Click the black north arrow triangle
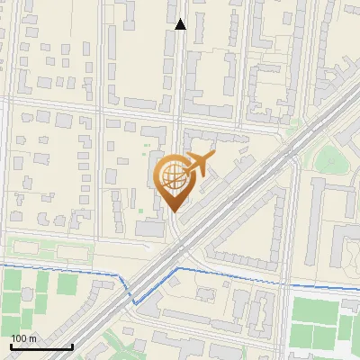pos(180,24)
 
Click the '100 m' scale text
pos(23,338)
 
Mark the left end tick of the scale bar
pos(11,346)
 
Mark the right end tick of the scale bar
pos(72,346)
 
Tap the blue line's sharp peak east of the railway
pos(176,268)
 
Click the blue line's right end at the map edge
pos(358,286)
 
